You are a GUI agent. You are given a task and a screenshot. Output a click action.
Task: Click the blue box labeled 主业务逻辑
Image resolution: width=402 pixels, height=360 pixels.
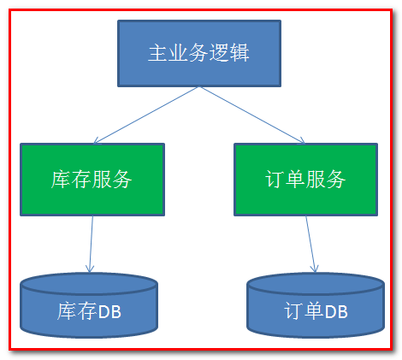point(198,53)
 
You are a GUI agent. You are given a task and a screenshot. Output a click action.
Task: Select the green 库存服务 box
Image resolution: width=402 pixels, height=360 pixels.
point(92,179)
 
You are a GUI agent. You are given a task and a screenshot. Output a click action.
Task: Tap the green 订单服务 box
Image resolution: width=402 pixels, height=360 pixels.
point(305,179)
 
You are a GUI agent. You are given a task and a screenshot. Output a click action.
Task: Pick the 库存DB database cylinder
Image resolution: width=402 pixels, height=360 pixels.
point(88,309)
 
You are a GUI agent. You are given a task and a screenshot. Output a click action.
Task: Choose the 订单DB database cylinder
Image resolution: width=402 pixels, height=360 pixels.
point(315,309)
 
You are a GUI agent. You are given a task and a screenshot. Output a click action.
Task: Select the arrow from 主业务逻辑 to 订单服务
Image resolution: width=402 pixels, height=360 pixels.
point(253,115)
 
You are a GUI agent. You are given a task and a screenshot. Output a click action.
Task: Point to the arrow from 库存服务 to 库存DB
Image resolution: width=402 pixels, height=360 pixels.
point(91,244)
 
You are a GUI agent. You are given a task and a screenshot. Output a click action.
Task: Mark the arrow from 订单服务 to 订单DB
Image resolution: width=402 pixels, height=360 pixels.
point(310,244)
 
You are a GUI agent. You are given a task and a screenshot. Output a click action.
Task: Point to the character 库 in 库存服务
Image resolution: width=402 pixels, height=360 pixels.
point(61,180)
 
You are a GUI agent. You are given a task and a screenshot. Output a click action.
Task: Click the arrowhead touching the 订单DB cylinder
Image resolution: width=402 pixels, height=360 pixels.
point(314,269)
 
